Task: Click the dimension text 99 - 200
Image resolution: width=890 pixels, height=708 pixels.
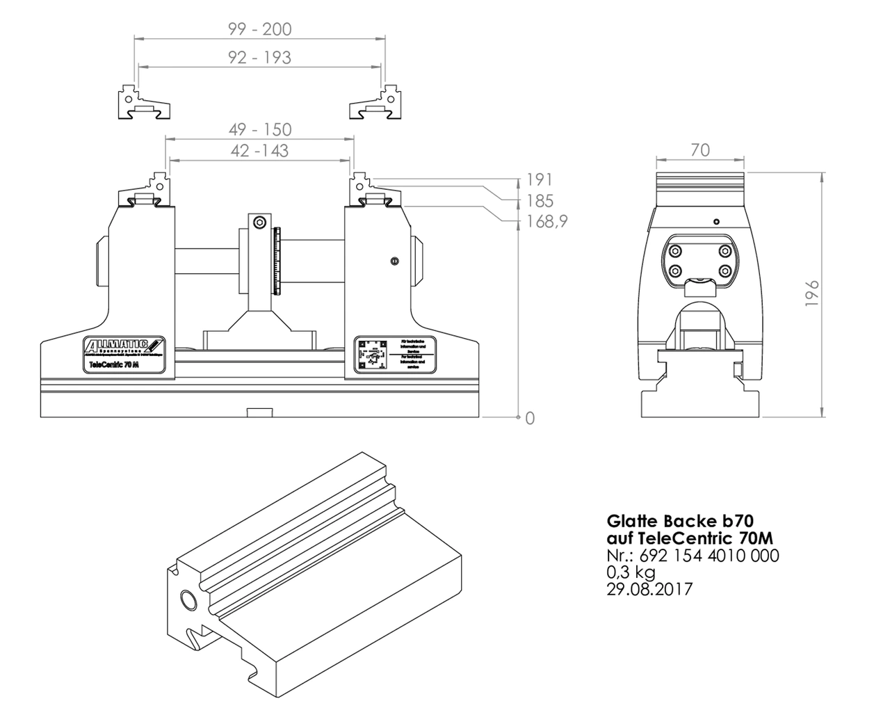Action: click(259, 29)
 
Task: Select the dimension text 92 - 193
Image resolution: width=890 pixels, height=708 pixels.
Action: click(259, 57)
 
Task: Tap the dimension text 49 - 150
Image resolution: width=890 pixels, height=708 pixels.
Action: click(259, 129)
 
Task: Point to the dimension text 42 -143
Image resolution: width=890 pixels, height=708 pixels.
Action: click(259, 150)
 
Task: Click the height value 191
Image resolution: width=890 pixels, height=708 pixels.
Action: click(540, 180)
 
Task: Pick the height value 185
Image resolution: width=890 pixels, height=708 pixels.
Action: click(540, 201)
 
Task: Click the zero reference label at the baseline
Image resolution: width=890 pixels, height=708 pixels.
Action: click(530, 418)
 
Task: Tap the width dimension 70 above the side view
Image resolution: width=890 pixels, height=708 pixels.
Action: click(700, 150)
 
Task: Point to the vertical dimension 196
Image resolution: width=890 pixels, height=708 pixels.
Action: click(812, 293)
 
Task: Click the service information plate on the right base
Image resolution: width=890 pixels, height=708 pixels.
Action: click(394, 355)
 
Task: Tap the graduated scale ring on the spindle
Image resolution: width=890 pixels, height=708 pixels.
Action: click(278, 261)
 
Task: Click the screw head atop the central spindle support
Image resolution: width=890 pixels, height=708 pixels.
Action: click(259, 223)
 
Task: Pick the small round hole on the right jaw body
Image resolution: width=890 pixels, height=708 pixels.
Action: click(394, 262)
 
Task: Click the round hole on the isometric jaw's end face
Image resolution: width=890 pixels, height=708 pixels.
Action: click(188, 599)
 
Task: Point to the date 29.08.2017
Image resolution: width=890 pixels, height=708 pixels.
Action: click(649, 589)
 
